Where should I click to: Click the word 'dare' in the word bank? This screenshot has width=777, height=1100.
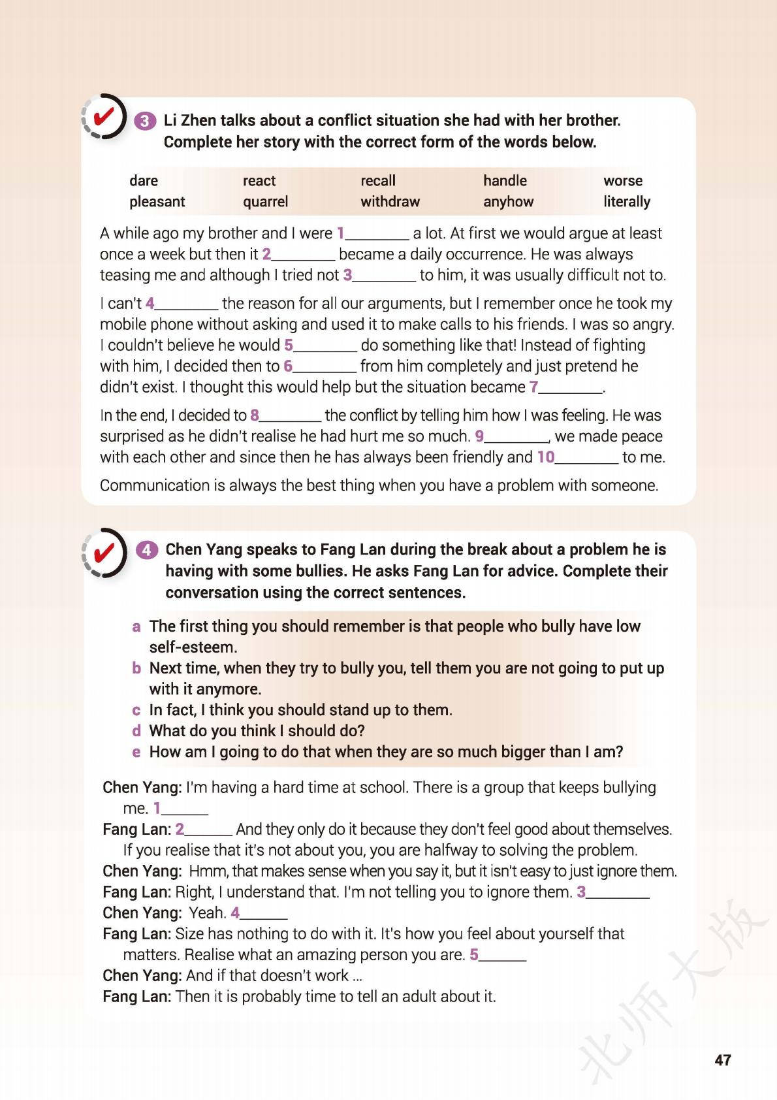(x=144, y=181)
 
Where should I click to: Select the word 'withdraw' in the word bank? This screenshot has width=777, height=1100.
(x=390, y=202)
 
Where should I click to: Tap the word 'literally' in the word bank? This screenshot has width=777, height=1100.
(x=626, y=202)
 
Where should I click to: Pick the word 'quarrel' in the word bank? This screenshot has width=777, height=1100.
(x=265, y=202)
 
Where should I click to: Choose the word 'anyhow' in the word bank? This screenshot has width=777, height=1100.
(x=508, y=202)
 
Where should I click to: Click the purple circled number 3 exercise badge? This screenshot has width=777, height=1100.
(x=145, y=121)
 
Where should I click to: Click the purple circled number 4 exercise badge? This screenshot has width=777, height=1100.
(x=146, y=550)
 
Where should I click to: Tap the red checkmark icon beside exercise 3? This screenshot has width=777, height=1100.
(x=104, y=118)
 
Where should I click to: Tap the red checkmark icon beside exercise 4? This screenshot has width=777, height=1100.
(x=104, y=553)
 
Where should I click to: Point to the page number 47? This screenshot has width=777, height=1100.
(x=723, y=1060)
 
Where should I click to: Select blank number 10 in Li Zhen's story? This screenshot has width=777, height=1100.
(x=586, y=458)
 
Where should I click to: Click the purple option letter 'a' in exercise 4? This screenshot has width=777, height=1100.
(x=136, y=627)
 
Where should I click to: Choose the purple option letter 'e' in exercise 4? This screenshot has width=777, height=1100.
(x=136, y=752)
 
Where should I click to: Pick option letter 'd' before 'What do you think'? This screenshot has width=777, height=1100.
(x=136, y=731)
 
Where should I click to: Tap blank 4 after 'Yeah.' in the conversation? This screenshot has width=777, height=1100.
(x=263, y=914)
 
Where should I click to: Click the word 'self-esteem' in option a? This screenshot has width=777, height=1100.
(x=192, y=648)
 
